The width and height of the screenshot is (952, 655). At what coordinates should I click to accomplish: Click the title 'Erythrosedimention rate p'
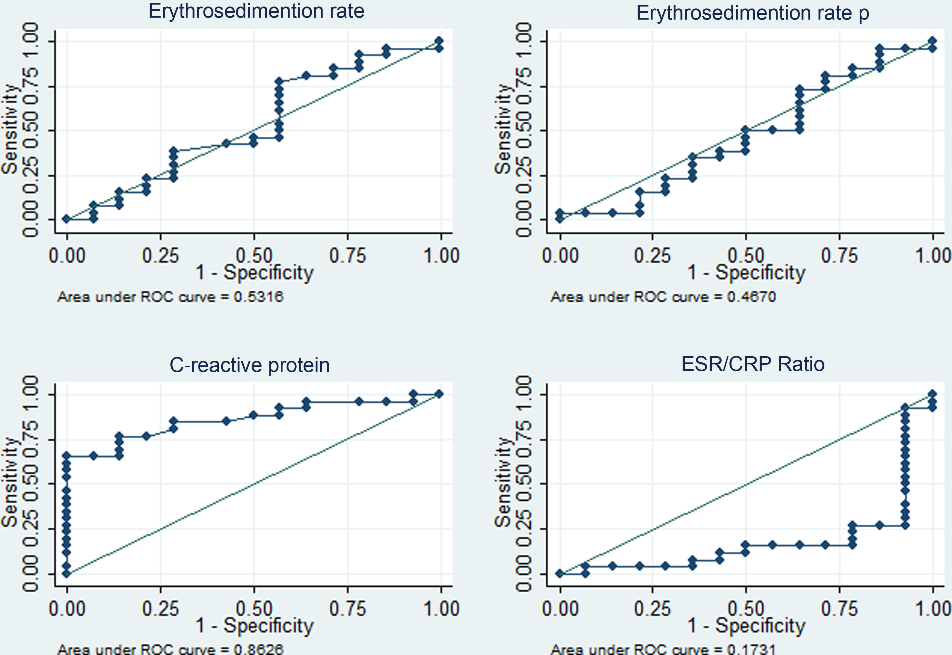click(752, 13)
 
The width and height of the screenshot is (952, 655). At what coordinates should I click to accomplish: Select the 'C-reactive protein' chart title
click(249, 365)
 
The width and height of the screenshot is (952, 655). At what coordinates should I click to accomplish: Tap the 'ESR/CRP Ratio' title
click(753, 364)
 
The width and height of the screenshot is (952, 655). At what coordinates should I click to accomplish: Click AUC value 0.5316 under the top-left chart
click(258, 297)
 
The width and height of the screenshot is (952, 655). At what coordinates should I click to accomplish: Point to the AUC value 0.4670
click(751, 297)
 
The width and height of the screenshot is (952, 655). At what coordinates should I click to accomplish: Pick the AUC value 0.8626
click(258, 649)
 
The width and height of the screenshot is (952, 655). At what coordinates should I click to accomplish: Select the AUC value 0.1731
click(751, 649)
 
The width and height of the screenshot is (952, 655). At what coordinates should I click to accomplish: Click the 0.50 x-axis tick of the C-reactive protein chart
click(254, 609)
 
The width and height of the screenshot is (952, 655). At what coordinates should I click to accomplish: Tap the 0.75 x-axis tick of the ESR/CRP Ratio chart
click(839, 609)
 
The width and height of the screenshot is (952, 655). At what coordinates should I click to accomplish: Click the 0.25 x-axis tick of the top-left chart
click(160, 256)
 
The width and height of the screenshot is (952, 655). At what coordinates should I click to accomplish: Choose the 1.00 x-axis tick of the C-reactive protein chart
click(441, 609)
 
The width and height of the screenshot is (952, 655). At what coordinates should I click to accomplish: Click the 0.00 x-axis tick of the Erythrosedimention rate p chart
click(560, 256)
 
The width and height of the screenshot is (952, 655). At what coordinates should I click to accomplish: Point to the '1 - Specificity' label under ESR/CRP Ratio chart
click(746, 626)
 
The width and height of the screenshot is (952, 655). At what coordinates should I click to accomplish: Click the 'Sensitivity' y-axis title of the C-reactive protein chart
click(10, 483)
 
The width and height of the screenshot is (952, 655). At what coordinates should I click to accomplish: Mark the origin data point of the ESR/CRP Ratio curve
click(560, 573)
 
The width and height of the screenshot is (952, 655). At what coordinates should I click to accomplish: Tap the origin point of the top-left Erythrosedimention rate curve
click(67, 219)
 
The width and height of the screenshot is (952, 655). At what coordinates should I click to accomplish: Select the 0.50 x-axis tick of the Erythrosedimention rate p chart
click(746, 256)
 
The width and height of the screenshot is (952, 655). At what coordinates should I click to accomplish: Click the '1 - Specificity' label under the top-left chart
click(254, 273)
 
